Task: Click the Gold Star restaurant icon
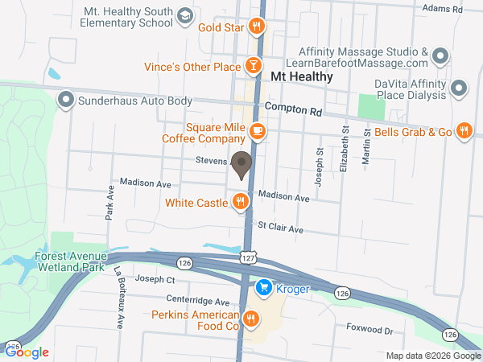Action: [x=257, y=26]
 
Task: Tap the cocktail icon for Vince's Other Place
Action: [x=254, y=65]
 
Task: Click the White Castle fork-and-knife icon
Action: [x=240, y=202]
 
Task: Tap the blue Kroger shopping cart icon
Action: [x=262, y=287]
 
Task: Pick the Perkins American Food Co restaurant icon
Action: [x=251, y=319]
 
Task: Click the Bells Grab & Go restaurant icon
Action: [x=464, y=131]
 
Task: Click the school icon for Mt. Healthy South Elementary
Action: [x=185, y=16]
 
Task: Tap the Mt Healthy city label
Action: [x=301, y=76]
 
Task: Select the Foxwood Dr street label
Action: [x=369, y=329]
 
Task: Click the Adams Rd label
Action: [x=443, y=8]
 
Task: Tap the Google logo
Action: [x=27, y=352]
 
